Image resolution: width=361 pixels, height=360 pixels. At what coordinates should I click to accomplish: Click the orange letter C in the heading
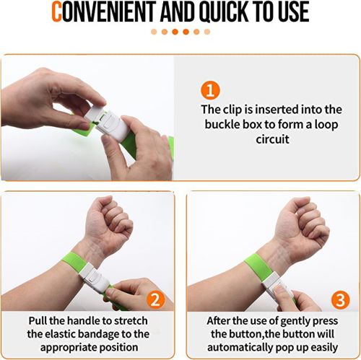[x=57, y=12]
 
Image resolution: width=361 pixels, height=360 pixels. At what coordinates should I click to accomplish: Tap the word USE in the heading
[x=294, y=12]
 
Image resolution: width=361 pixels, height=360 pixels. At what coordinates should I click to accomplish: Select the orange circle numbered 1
[x=210, y=91]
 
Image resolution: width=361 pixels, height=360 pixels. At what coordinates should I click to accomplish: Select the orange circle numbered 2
[x=156, y=299]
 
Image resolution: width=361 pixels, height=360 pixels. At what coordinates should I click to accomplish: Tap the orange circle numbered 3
[x=340, y=300]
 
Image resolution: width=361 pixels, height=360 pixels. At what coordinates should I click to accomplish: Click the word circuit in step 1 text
[x=272, y=139]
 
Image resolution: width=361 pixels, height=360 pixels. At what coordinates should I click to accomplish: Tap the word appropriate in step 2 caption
[x=69, y=348]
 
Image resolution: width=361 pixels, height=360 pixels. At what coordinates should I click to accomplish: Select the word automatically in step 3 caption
[x=240, y=347]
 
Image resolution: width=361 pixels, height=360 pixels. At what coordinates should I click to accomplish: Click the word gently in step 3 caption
[x=295, y=322]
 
